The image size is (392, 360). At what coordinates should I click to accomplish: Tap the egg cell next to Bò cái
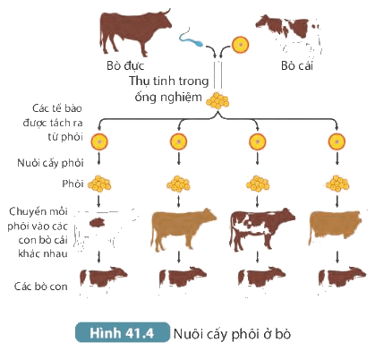coord(241,45)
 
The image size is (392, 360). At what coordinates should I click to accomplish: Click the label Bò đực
coord(125,65)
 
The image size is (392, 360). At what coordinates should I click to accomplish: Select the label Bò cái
coord(297,65)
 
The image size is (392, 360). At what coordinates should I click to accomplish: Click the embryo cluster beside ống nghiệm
coord(217,100)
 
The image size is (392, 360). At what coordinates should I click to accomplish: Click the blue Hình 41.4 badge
coord(123,332)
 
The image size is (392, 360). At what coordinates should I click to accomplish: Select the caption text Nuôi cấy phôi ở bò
coord(232,334)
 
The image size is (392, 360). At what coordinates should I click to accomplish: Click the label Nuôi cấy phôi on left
coord(50,163)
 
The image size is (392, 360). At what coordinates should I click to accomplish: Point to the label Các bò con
coord(41,287)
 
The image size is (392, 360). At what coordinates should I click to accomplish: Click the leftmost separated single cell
coord(99,141)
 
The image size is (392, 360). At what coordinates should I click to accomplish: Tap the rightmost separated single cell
coord(337,141)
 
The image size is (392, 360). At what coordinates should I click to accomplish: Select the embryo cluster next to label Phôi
coord(99,184)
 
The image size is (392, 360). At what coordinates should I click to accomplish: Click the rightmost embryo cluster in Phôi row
coord(337,184)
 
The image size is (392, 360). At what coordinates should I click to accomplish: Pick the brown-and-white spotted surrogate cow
coord(262,229)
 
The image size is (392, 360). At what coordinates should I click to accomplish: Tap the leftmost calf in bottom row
coord(103,278)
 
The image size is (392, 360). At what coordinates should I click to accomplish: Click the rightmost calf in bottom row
coord(342,278)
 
